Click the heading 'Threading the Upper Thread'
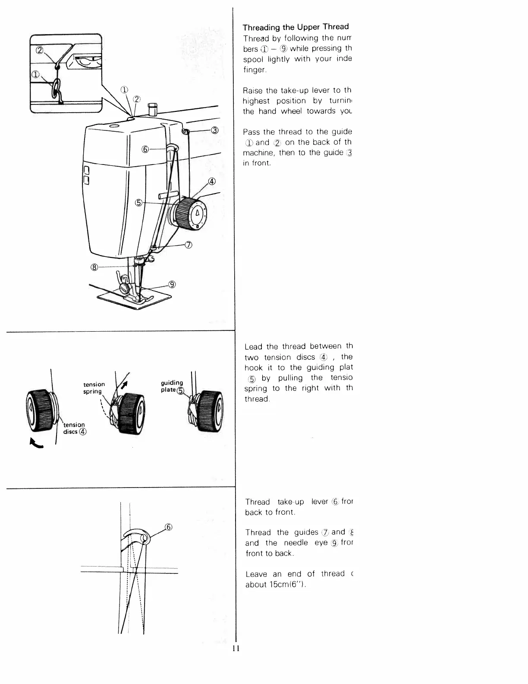[x=295, y=27]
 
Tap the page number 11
[x=235, y=649]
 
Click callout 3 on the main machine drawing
[x=215, y=131]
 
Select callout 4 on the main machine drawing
[x=212, y=181]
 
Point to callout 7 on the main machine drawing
[x=188, y=245]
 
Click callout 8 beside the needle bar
[x=94, y=267]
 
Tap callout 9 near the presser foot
[x=172, y=284]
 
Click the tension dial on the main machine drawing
[x=190, y=213]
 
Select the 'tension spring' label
[x=94, y=388]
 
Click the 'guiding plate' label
[x=172, y=386]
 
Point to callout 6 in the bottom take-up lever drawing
[x=168, y=527]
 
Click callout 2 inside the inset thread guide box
[x=40, y=51]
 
